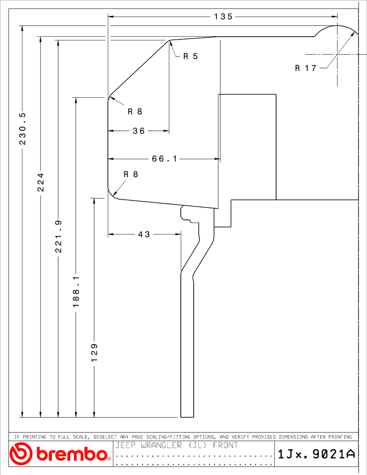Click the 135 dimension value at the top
coord(223,17)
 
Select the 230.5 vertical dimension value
coord(23,129)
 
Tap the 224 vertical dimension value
coord(40,182)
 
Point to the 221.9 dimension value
coord(58,236)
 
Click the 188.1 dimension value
coord(76,291)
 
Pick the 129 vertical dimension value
coord(94,352)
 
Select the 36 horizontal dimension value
coord(139,131)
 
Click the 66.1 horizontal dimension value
coord(164,159)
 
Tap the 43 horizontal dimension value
coord(144,235)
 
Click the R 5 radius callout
coord(190,56)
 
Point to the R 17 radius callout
coord(306,68)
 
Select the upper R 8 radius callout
coord(135,112)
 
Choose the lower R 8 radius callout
coord(131,174)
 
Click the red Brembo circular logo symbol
coord(21,453)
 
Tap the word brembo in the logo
coord(72,454)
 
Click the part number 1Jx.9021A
coord(316,454)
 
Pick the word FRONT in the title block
coord(226,445)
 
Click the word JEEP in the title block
coord(126,445)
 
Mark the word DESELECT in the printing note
coord(105,437)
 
